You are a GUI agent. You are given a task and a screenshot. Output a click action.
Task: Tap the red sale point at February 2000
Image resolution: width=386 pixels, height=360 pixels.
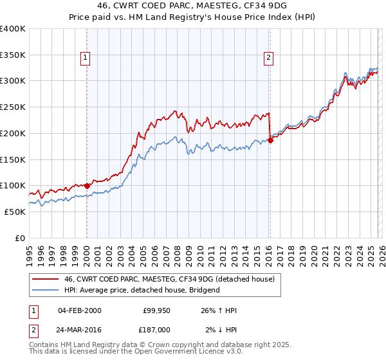coord(87,186)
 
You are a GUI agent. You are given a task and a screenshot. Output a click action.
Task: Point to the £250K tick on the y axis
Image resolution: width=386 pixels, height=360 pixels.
coord(13,107)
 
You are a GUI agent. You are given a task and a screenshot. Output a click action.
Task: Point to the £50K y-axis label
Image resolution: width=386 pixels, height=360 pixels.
coord(15,212)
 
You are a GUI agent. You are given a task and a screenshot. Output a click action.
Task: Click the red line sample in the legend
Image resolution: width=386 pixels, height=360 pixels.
coord(46,279)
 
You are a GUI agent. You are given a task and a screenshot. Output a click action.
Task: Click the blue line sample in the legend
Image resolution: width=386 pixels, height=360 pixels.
coord(46,290)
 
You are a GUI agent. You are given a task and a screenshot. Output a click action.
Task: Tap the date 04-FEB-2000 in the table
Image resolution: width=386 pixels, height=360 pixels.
coord(79,310)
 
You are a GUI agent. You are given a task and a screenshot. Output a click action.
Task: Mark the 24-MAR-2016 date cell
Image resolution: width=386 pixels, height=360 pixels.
coord(79,328)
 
